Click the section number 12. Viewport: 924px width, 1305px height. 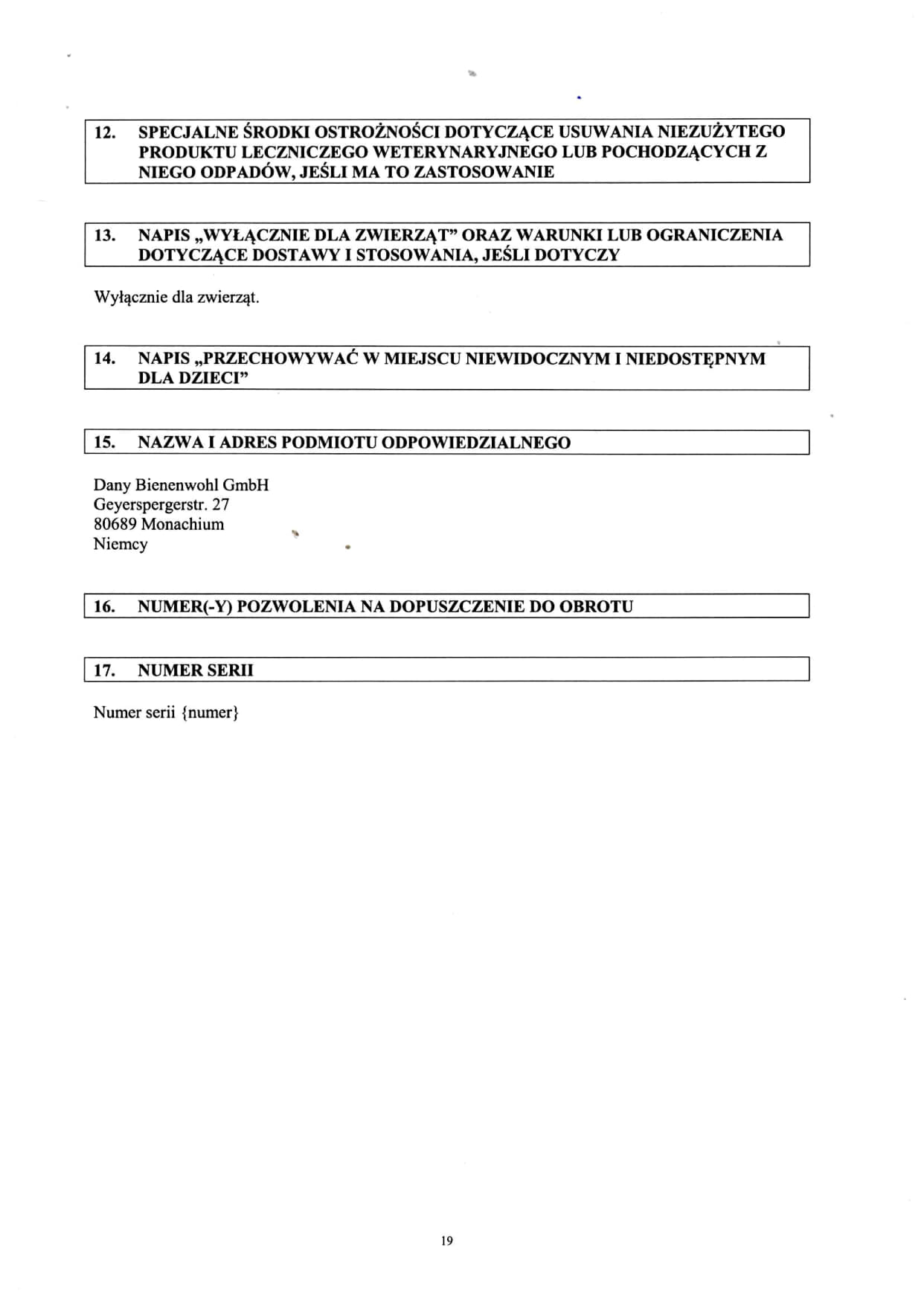pos(105,132)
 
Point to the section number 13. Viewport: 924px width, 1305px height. pos(105,235)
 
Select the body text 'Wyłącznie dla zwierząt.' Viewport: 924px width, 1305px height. pos(176,298)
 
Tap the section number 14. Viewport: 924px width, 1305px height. pos(105,358)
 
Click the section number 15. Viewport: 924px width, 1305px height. pos(105,443)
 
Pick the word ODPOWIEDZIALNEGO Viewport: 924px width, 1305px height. pos(475,443)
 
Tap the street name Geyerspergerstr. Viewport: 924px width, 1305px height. pos(150,504)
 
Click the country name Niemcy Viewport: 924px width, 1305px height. pos(121,544)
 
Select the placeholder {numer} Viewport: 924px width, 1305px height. pos(210,713)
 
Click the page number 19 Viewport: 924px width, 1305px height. pos(446,1240)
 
